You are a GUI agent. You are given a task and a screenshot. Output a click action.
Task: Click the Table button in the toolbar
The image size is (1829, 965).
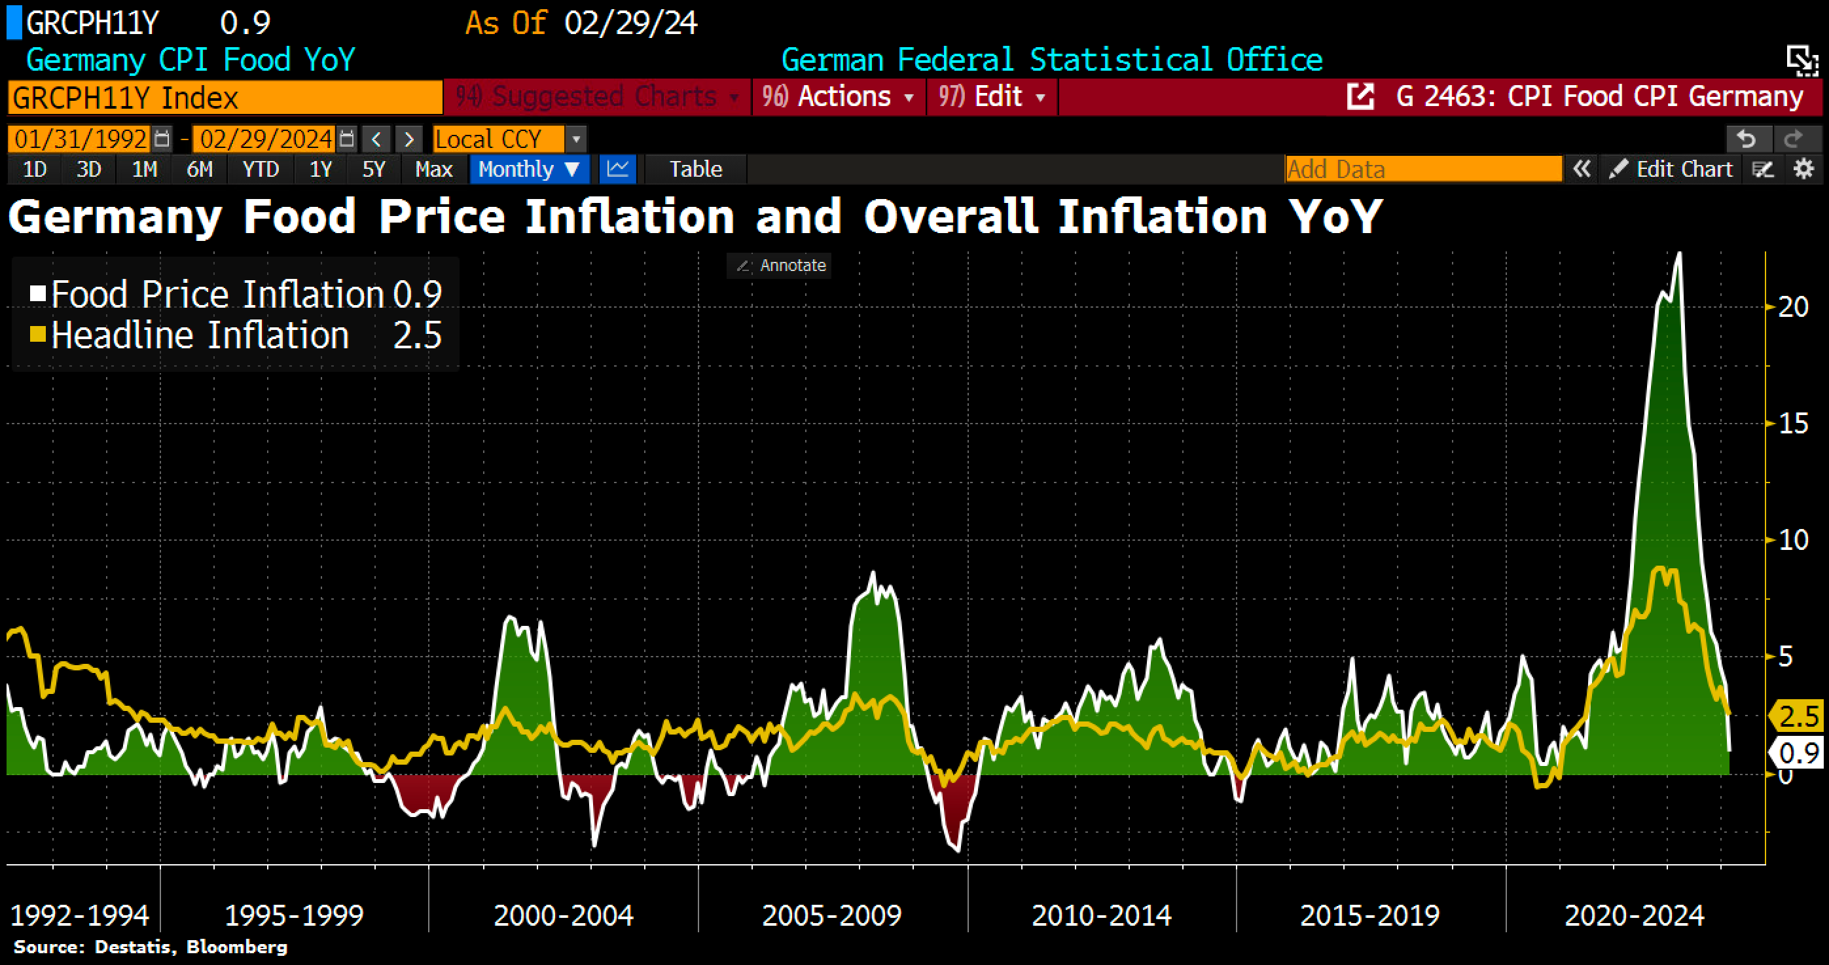pos(695,169)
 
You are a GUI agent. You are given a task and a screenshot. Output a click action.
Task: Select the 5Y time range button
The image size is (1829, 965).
pos(374,169)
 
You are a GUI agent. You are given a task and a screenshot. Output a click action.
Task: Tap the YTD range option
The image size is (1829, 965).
pos(261,169)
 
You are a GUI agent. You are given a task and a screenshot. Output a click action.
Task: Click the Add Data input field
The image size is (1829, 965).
pos(1423,169)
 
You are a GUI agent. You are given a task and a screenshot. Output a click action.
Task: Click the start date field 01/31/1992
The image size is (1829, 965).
pos(81,139)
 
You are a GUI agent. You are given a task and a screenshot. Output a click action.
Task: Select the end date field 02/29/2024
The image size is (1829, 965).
pos(266,139)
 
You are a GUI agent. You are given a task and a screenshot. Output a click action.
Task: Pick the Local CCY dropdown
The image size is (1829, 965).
pos(499,139)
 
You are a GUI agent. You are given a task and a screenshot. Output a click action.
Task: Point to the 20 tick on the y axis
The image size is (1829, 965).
pos(1792,307)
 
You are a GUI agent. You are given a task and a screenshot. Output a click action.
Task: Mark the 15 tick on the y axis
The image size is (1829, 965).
pos(1792,424)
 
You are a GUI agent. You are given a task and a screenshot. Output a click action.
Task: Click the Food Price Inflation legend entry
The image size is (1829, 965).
pos(217,294)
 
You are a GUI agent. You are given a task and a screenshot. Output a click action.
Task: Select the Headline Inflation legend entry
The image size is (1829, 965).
pos(200,335)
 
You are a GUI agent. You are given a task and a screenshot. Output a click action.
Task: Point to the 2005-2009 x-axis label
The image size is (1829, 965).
pos(831,915)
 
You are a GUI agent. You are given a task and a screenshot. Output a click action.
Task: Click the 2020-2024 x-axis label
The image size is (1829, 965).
pos(1634,915)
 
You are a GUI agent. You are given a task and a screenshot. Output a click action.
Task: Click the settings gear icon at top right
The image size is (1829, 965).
pos(1804,169)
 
